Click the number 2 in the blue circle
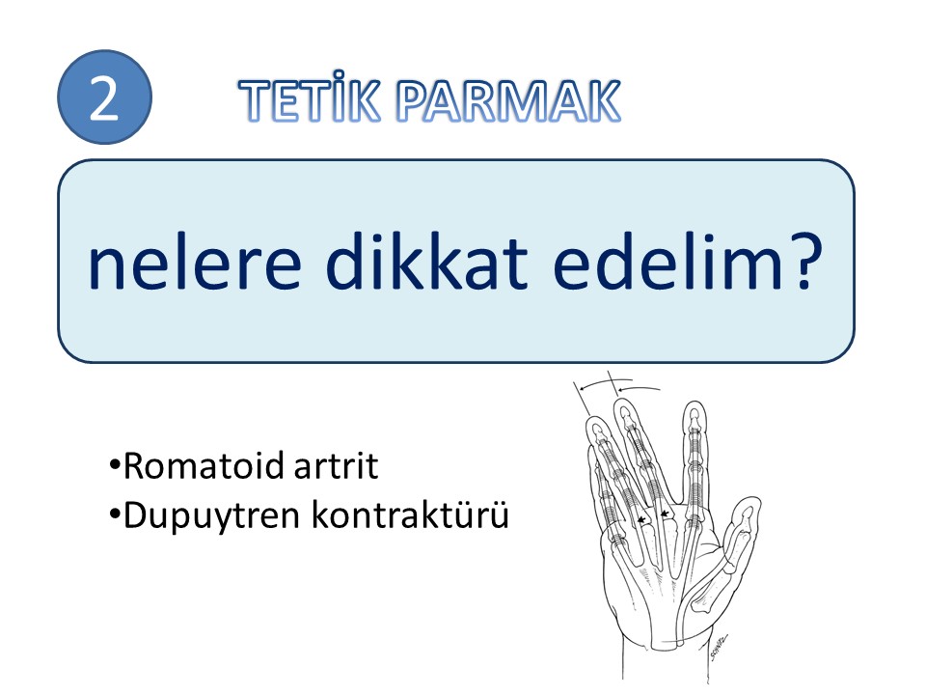click(103, 98)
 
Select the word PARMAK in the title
click(508, 100)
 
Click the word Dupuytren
click(212, 515)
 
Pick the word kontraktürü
click(410, 514)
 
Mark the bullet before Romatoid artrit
click(115, 463)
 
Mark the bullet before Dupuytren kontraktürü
click(115, 513)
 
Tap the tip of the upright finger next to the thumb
click(694, 403)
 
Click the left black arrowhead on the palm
click(641, 519)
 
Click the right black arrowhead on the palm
click(665, 514)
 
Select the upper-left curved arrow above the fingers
click(604, 382)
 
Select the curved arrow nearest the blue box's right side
click(638, 388)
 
